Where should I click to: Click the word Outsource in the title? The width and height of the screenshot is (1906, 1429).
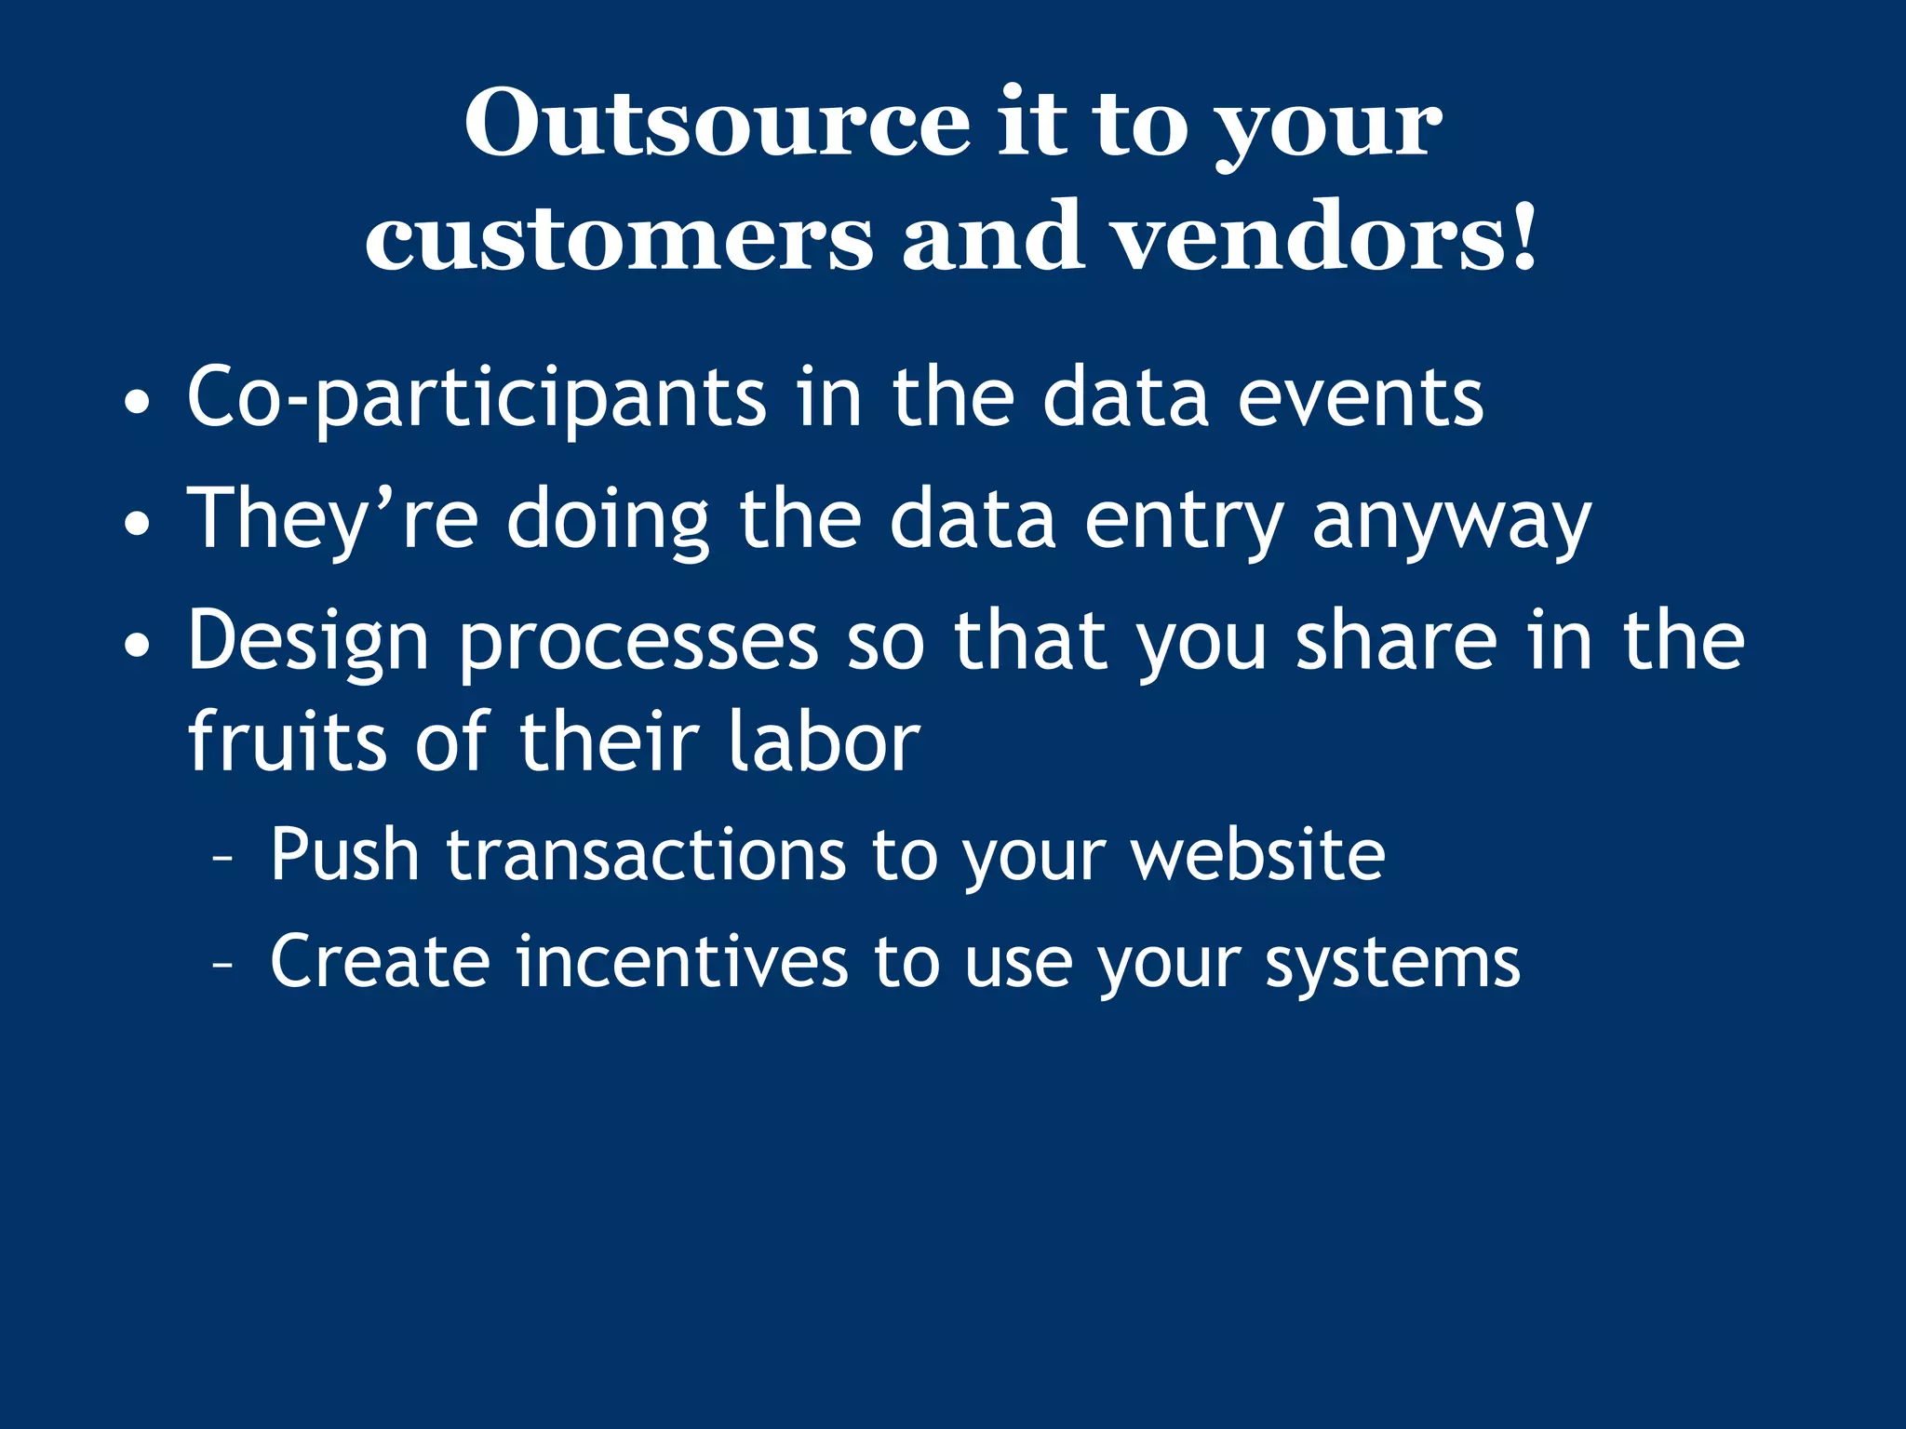(717, 124)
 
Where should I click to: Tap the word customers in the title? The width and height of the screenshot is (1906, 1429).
(619, 238)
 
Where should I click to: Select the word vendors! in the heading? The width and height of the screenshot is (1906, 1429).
(1325, 238)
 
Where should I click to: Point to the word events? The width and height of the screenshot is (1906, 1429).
(1361, 399)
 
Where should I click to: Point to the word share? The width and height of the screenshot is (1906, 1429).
(1397, 641)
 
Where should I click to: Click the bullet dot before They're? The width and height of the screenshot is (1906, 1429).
(137, 524)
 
